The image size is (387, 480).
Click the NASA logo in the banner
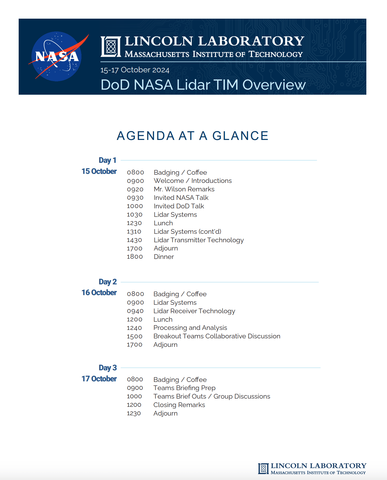click(57, 56)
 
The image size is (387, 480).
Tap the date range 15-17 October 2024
click(135, 70)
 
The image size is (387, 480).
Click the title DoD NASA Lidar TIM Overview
click(203, 85)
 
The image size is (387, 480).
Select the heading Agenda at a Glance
click(192, 136)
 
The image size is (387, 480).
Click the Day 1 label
click(107, 160)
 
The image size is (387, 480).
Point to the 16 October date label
click(99, 293)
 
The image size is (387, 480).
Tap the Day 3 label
click(107, 368)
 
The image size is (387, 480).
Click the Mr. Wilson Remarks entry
click(184, 189)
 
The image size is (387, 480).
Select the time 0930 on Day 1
click(135, 198)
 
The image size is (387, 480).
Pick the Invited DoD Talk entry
click(179, 206)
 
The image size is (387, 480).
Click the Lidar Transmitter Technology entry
click(199, 240)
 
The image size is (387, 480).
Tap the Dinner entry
click(164, 257)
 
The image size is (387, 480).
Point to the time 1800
click(135, 257)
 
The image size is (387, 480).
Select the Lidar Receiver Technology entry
click(194, 311)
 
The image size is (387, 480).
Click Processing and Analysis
click(190, 328)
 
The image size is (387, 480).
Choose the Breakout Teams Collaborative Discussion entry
click(217, 336)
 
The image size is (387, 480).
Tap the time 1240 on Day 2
click(134, 328)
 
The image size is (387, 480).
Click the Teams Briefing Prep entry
click(184, 388)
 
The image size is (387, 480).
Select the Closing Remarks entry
click(179, 405)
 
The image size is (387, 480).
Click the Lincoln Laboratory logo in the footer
click(312, 468)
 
